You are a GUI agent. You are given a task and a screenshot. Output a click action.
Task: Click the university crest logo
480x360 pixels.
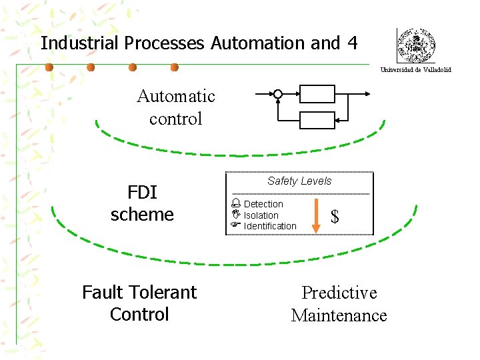tap(415, 46)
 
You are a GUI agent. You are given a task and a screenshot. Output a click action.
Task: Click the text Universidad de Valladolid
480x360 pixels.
tap(415, 70)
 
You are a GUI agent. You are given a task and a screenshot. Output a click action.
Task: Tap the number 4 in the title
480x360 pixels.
tap(352, 43)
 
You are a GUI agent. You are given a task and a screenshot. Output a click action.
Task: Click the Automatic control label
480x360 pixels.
tap(176, 107)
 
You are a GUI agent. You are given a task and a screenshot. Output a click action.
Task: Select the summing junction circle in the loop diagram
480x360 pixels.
tap(278, 95)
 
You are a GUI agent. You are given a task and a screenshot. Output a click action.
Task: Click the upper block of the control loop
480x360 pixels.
tap(317, 94)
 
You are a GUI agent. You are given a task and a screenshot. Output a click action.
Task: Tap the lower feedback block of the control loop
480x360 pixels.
tap(317, 120)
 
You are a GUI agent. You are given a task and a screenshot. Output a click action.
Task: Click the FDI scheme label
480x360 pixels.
tap(142, 203)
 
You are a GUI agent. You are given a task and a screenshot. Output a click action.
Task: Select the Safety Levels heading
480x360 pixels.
tap(299, 181)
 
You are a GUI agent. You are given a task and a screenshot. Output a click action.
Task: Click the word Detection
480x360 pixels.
tap(263, 204)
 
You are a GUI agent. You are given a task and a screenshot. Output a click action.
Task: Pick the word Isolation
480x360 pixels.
tap(261, 215)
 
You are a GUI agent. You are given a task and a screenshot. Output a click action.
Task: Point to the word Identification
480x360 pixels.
tap(270, 226)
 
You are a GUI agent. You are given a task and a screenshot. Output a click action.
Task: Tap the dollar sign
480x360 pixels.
tap(335, 217)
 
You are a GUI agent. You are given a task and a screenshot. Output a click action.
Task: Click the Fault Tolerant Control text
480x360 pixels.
tap(139, 303)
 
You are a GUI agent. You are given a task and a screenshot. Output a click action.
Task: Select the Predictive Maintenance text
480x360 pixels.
tap(339, 304)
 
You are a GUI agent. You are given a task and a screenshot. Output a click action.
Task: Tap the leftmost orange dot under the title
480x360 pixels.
tap(49, 67)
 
